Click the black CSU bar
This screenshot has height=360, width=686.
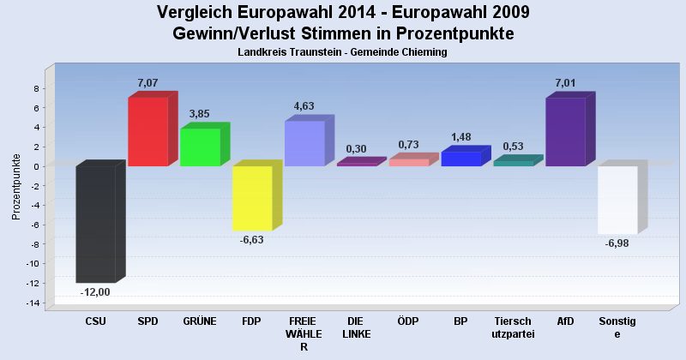coord(95,224)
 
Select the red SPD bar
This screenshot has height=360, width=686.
coord(147,131)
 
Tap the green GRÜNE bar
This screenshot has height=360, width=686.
coord(200,147)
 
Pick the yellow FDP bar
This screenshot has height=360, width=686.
coord(252,198)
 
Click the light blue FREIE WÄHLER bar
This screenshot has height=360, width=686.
coord(304,143)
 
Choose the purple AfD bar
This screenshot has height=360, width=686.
coord(565,131)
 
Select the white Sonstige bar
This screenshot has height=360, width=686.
coord(617,200)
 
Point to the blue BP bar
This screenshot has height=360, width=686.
coord(461,159)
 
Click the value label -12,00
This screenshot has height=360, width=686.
coord(95,292)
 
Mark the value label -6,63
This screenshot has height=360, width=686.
coord(252,241)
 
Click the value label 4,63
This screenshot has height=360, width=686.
coord(304,106)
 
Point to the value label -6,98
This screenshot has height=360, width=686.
coord(617,244)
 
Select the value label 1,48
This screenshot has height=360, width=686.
coord(461,137)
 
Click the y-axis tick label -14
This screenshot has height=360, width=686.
coord(34,303)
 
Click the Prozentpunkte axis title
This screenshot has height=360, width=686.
coord(16,186)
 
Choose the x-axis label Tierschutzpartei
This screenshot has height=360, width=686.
coord(513,327)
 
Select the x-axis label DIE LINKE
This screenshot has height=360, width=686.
coord(356,327)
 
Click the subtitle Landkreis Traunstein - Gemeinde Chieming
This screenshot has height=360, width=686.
coord(343,52)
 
